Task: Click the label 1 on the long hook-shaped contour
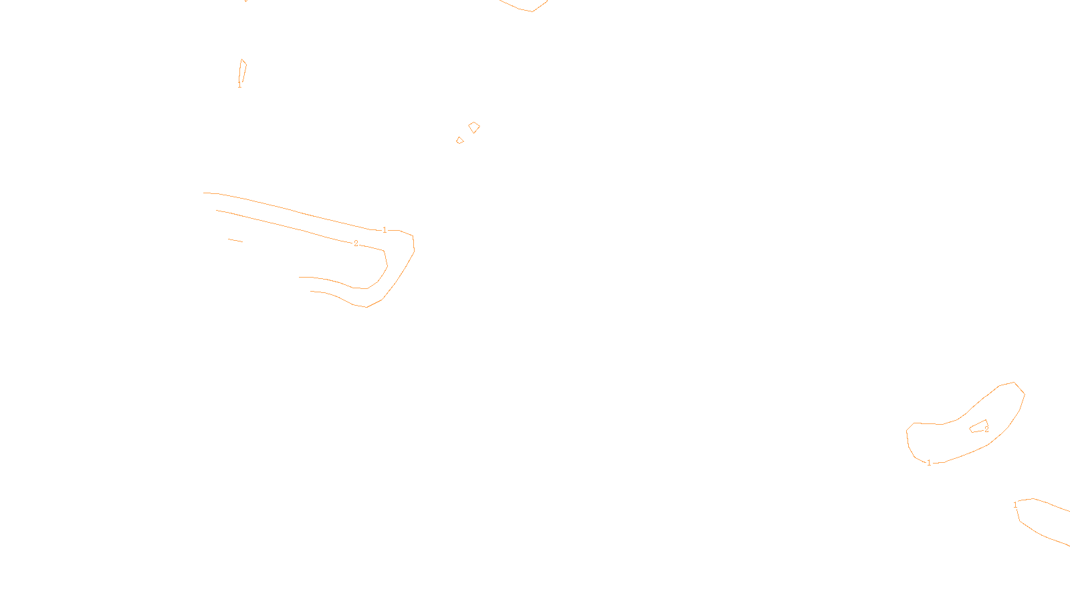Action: [x=385, y=230]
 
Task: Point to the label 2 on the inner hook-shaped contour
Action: [x=356, y=243]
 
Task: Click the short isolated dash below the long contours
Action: [x=235, y=240]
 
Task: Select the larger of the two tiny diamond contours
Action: [x=474, y=127]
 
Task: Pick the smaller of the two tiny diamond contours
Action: [x=459, y=140]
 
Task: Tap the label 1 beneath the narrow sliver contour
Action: [x=239, y=85]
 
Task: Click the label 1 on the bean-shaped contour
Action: [x=928, y=463]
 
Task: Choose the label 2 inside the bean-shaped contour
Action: [x=986, y=429]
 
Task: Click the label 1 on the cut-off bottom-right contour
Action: [x=1015, y=505]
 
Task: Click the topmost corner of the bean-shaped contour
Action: [x=1014, y=383]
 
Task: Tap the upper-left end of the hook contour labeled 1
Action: [x=205, y=193]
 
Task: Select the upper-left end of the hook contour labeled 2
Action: [x=217, y=211]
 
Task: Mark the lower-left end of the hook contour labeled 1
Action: [x=312, y=292]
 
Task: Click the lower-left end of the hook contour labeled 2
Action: [x=300, y=277]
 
